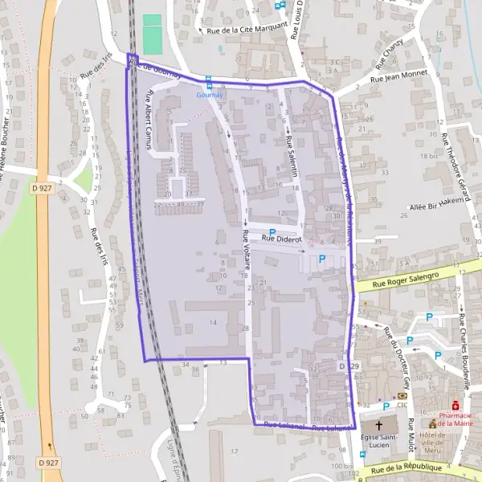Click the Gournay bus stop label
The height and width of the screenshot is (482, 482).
coord(209,94)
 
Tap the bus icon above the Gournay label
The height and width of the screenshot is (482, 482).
coord(209,83)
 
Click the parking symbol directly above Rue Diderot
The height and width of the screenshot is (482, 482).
coord(272,231)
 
